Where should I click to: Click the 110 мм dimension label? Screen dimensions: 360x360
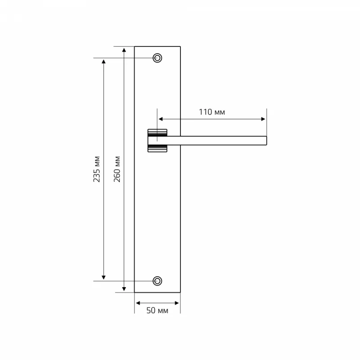(211, 112)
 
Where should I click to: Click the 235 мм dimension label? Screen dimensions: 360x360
(97, 169)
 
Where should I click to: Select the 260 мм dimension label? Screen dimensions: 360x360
(117, 169)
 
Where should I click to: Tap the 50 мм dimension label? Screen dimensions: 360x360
(157, 310)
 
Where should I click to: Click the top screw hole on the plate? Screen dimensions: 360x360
(157, 58)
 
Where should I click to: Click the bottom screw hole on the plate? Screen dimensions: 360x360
(157, 281)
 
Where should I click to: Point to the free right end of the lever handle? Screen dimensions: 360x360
(266, 140)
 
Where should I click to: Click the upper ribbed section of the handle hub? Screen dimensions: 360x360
(157, 133)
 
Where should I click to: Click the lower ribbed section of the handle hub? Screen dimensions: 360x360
(157, 148)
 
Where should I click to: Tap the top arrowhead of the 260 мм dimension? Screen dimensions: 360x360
(124, 50)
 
